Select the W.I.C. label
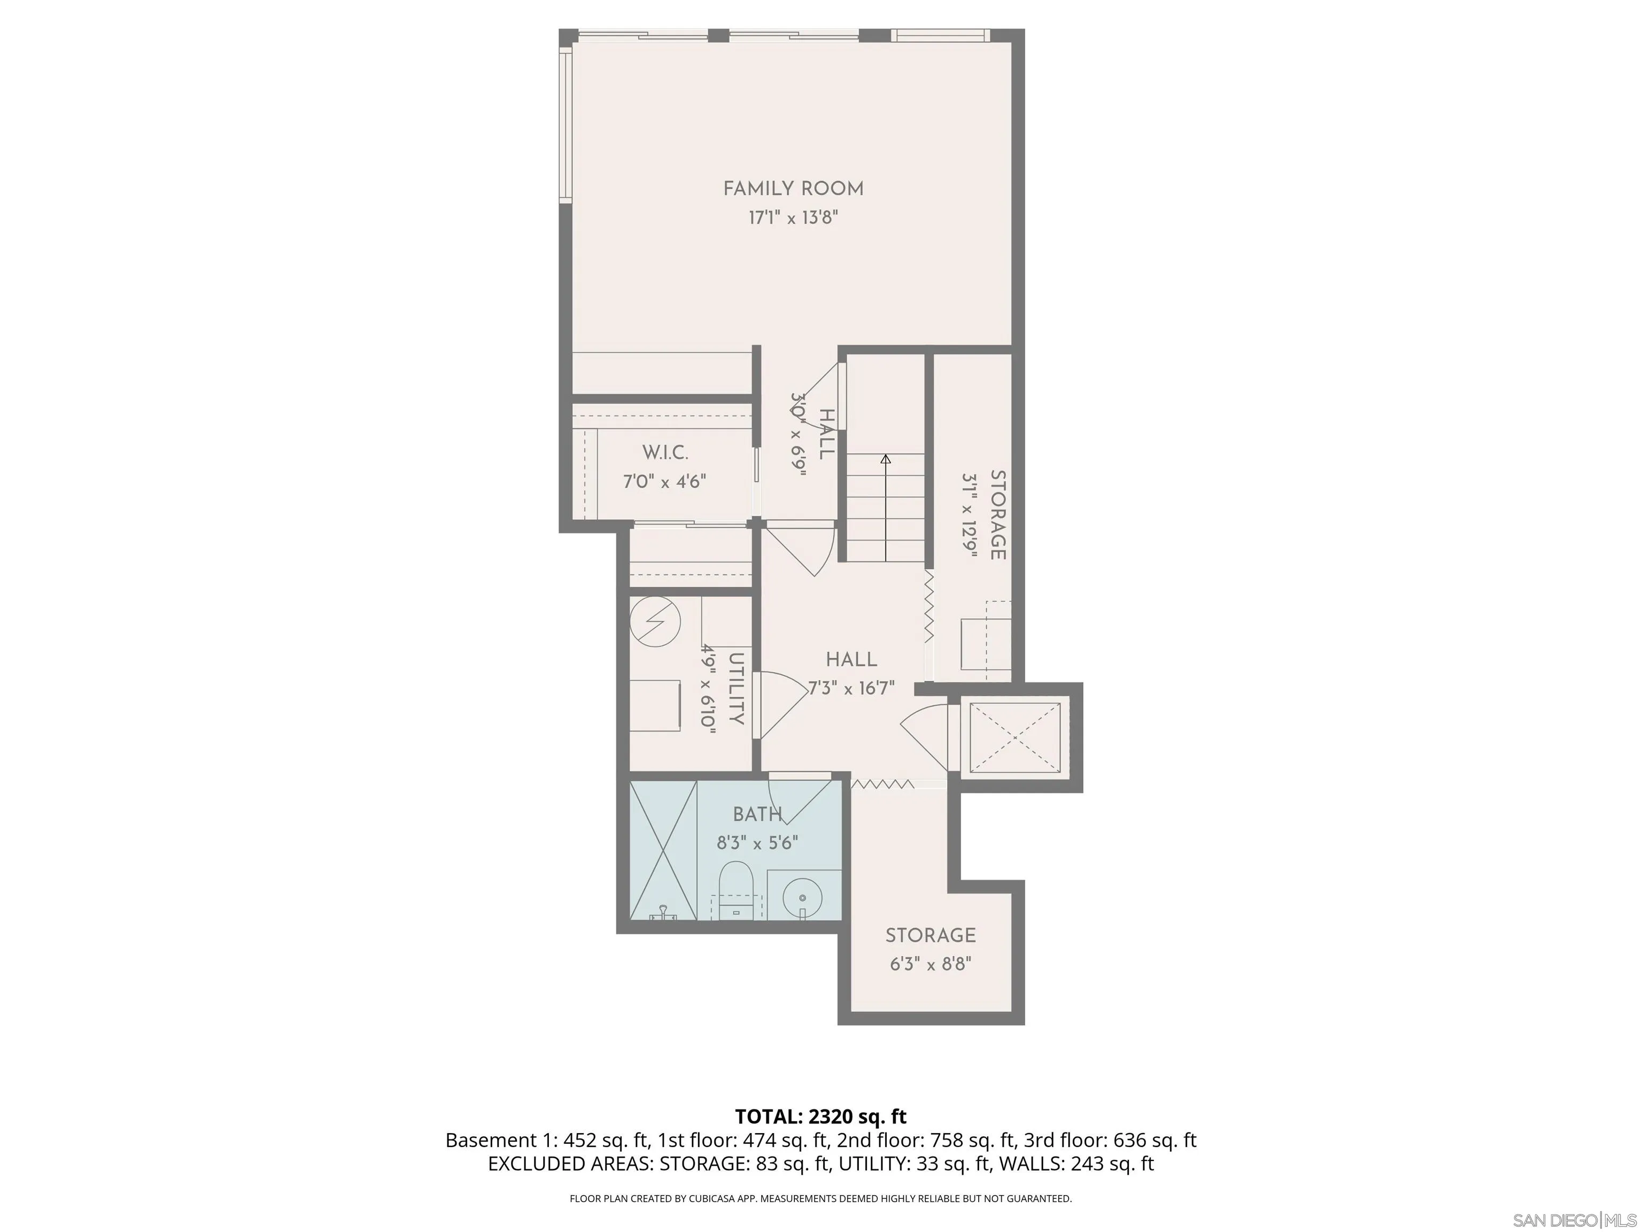point(665,452)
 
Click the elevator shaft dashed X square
point(1014,737)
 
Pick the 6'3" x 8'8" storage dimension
point(930,965)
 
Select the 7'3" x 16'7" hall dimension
point(851,688)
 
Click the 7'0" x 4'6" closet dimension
point(664,482)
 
